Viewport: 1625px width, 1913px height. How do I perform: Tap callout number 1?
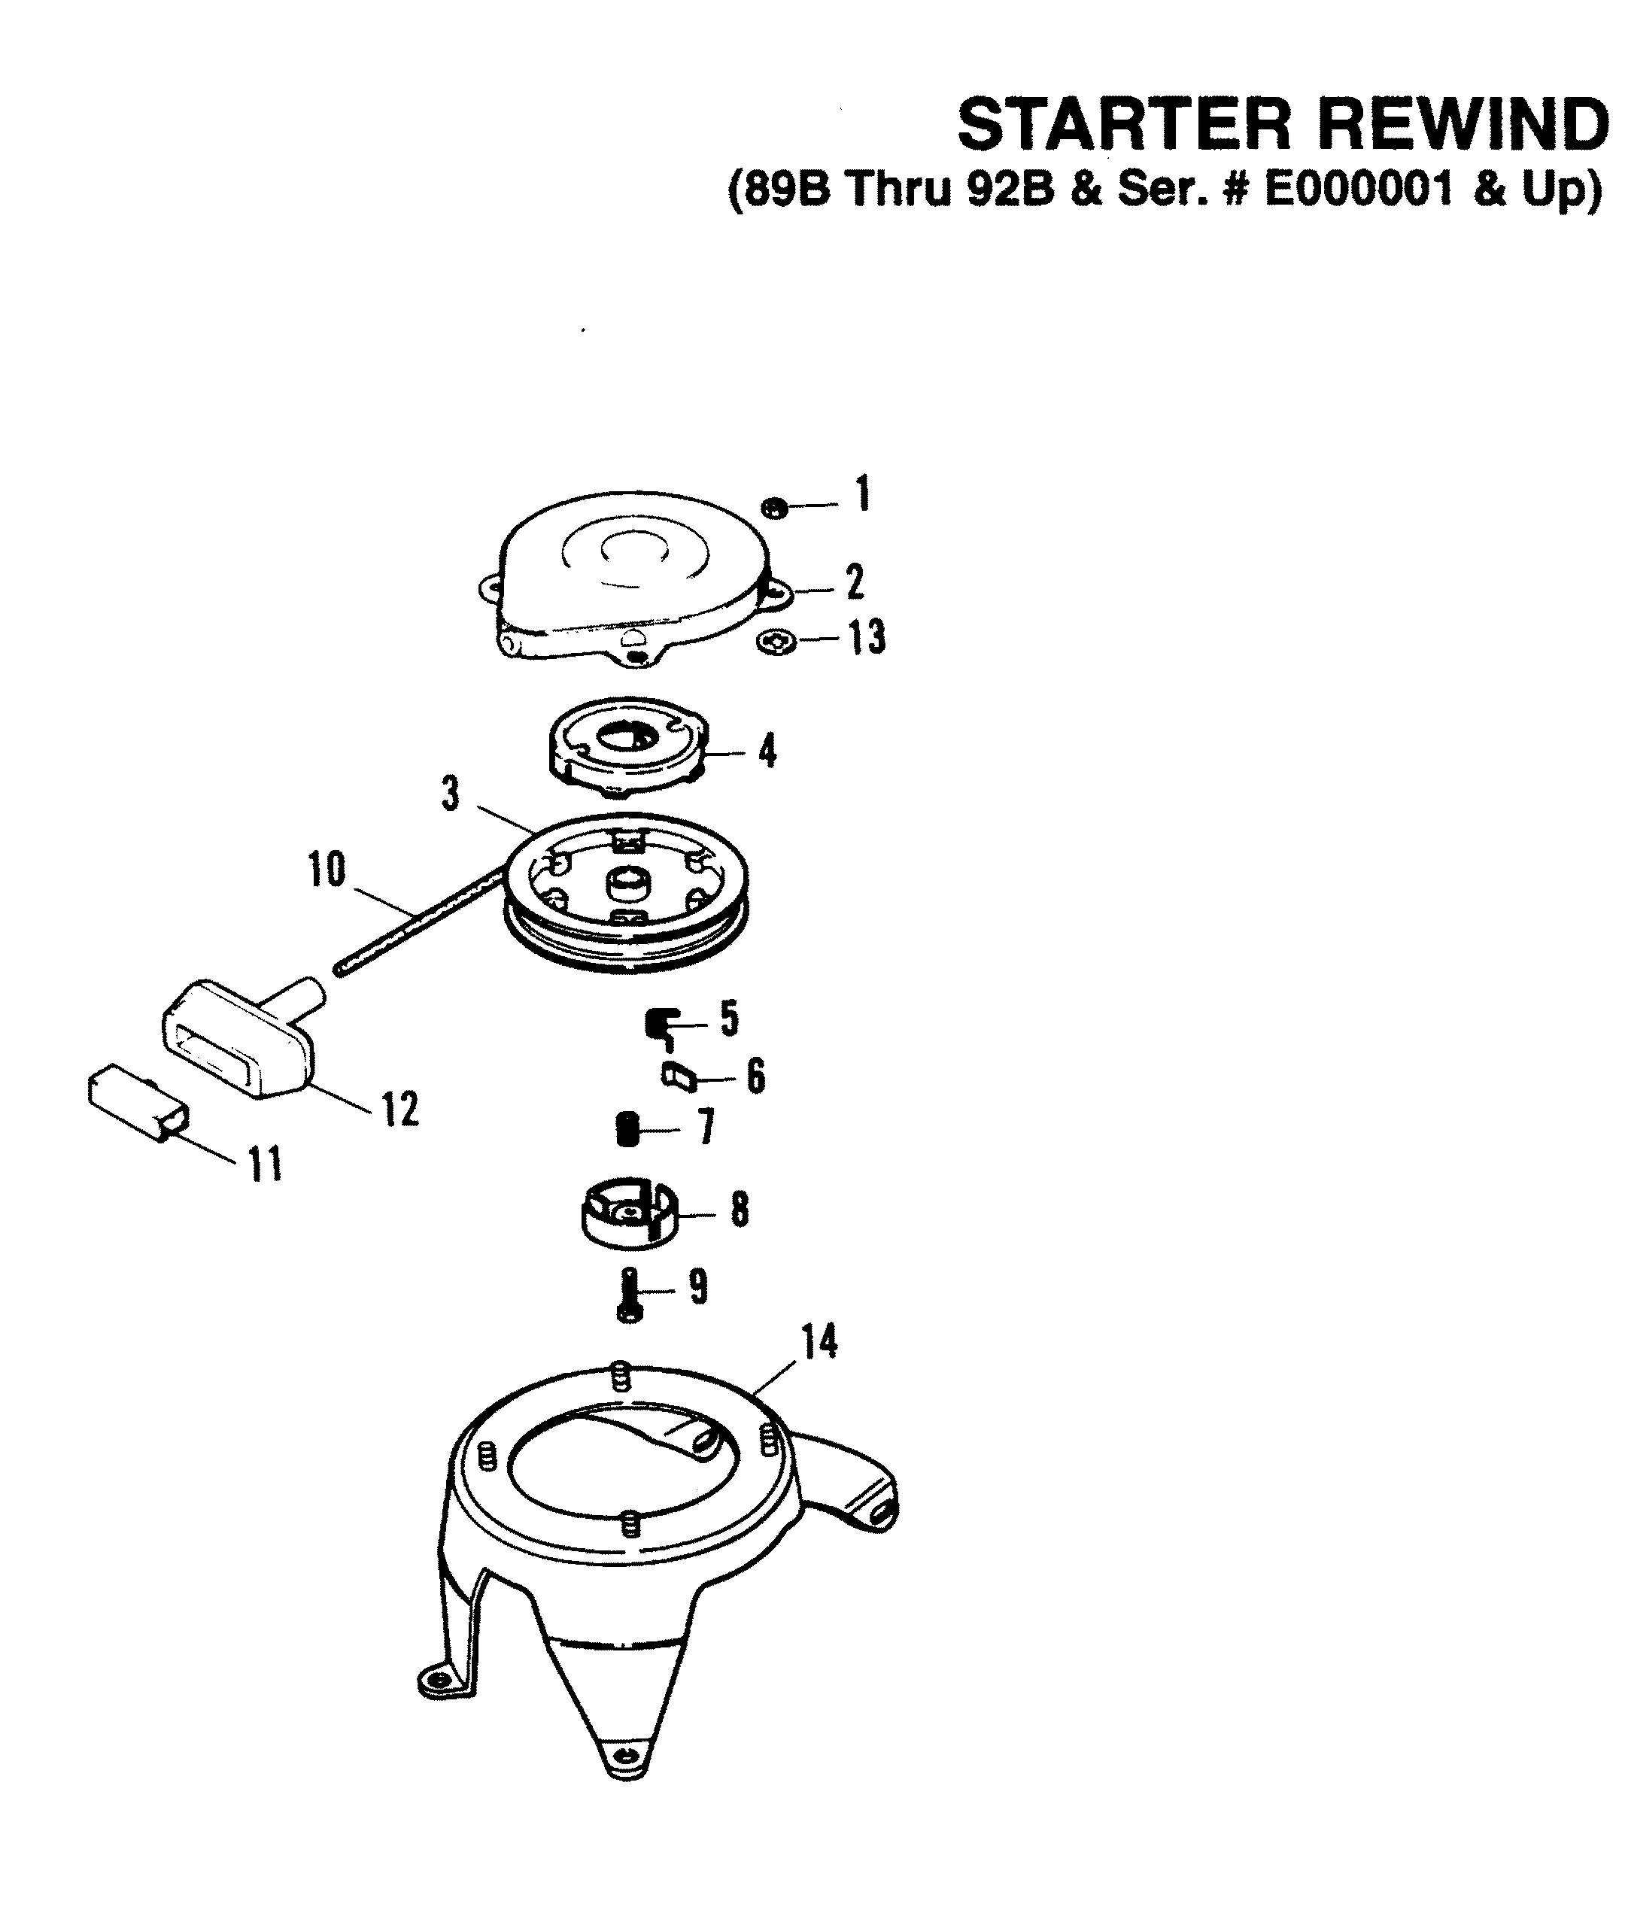[862, 494]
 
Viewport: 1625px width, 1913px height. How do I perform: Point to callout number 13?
[866, 637]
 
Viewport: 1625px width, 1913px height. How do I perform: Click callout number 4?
[767, 751]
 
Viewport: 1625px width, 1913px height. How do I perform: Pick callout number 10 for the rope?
[327, 869]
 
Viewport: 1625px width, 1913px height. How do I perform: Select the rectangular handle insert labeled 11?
[138, 1103]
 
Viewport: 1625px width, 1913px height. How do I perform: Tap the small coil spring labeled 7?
[628, 1129]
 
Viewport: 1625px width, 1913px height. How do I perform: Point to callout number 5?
[729, 1019]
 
